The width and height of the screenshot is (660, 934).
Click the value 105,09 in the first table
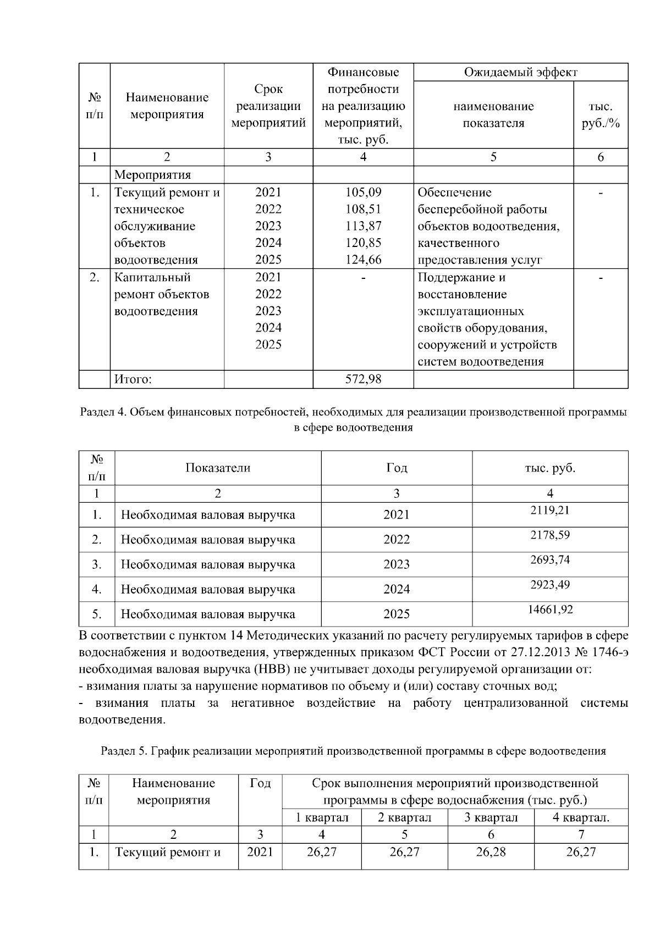(363, 193)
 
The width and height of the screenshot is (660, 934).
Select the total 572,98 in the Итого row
(363, 379)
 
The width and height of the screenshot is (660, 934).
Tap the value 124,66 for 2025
(363, 260)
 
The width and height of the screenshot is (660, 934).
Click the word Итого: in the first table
(133, 379)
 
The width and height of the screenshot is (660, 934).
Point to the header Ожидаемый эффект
(520, 72)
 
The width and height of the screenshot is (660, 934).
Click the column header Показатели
(218, 468)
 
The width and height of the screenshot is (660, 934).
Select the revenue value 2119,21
(549, 510)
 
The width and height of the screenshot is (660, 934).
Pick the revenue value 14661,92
(549, 609)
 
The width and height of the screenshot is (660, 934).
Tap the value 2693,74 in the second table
(549, 559)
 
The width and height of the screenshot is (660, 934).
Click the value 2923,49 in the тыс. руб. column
(549, 584)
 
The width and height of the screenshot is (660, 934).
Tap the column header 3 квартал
(491, 817)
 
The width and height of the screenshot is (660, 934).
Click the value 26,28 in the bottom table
(491, 852)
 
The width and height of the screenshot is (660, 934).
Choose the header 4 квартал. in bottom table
(581, 817)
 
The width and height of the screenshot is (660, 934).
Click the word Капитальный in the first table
(152, 277)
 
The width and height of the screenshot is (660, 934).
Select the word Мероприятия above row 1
(152, 175)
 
